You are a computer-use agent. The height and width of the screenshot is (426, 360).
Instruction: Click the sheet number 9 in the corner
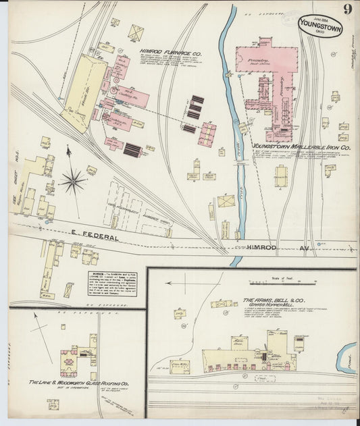pos(346,9)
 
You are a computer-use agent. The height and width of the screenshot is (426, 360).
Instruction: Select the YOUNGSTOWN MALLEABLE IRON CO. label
pos(301,146)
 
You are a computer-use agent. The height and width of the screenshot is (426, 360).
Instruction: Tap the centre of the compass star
pos(72,180)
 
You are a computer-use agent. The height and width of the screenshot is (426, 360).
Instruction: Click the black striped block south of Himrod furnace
pos(132,150)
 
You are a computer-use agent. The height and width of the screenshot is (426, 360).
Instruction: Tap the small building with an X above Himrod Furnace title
pos(136,32)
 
